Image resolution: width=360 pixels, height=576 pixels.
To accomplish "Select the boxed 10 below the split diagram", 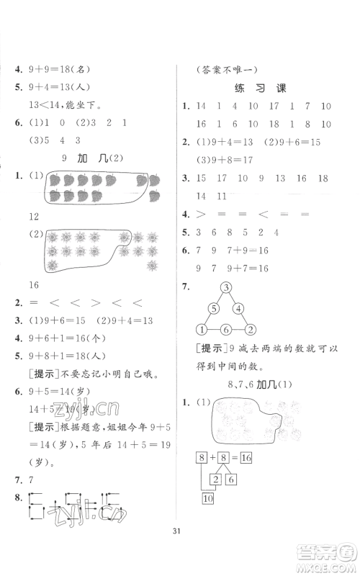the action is [209, 498].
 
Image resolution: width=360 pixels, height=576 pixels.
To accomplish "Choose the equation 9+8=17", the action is [217, 158].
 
